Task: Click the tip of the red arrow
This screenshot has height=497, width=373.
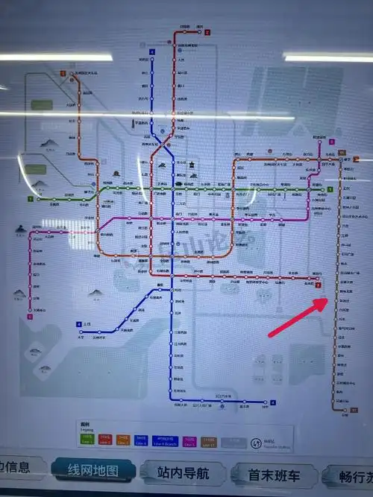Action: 326,300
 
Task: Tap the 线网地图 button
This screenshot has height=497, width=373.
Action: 94,470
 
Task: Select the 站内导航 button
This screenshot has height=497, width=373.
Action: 184,472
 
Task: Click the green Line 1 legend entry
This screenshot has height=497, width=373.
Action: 87,439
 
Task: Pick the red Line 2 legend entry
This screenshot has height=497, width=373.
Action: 105,439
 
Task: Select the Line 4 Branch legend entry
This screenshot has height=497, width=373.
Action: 165,439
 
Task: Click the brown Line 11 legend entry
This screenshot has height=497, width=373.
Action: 209,439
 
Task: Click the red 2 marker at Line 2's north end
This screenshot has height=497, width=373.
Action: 208,33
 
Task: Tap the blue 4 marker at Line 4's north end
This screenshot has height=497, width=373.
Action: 151,51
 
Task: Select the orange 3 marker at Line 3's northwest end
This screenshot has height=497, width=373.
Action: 63,73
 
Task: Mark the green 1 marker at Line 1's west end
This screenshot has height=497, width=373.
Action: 31,199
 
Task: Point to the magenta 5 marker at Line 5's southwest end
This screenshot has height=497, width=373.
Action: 31,317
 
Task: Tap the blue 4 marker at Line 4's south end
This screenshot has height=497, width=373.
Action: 272,403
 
